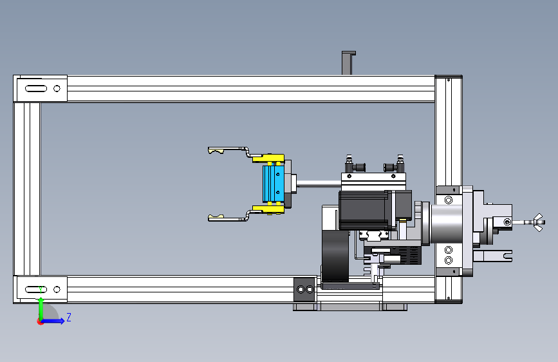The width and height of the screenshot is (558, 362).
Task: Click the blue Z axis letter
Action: tap(69, 317)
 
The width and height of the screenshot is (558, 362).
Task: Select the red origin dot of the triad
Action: tap(40, 321)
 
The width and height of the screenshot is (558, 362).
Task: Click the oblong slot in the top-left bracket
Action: tap(36, 88)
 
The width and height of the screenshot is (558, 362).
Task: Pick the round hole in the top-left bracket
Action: tap(57, 88)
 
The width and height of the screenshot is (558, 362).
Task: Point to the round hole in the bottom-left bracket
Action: tap(57, 289)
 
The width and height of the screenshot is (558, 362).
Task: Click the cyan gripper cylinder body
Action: tap(274, 184)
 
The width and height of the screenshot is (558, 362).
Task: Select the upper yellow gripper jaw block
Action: tap(268, 158)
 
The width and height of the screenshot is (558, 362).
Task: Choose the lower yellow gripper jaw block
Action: tap(268, 209)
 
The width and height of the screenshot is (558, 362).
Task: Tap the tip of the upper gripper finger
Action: tap(209, 150)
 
